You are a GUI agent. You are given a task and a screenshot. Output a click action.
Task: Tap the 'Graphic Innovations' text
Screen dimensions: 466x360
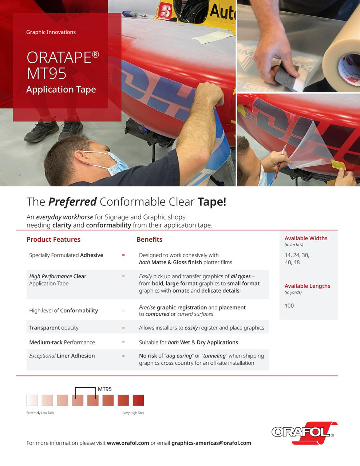51,32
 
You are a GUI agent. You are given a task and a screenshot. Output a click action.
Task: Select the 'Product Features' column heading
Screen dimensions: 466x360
54,240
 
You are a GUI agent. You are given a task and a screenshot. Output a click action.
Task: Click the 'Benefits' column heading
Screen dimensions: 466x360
149,240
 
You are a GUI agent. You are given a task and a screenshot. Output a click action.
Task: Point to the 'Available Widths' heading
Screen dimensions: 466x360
306,238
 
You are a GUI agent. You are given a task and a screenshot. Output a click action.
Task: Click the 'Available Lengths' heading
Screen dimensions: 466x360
307,286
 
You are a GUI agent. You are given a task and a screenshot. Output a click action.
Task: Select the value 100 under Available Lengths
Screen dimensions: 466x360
289,306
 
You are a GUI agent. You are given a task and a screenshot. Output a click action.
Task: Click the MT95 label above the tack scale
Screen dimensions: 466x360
105,389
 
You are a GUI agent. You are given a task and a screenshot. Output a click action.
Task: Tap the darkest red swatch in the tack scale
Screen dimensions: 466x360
138,400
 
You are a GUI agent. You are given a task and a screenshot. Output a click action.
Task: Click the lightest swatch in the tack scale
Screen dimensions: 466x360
32,400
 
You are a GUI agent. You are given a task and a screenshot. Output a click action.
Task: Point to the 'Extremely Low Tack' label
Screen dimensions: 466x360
40,413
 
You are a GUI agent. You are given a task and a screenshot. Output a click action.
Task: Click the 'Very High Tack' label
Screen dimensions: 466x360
134,413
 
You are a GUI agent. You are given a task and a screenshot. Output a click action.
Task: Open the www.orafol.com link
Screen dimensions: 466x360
128,443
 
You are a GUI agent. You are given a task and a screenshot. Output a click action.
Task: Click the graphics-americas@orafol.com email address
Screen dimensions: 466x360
211,443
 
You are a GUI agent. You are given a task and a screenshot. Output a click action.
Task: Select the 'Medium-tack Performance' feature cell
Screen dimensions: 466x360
62,343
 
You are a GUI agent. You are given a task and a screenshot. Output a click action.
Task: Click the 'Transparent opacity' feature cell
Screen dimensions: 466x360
54,328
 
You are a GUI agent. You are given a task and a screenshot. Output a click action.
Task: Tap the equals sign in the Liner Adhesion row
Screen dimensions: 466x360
123,356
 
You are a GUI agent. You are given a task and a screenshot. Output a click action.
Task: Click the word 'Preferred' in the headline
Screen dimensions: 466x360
72,202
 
